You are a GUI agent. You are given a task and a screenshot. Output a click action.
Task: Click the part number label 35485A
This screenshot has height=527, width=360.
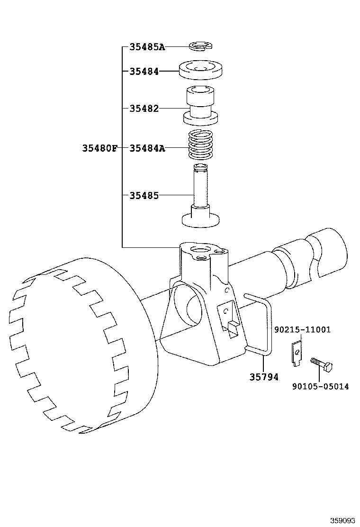(147, 47)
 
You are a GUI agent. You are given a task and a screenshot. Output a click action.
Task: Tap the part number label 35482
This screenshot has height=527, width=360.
(144, 108)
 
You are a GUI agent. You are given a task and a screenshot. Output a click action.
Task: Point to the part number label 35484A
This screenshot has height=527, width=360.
(147, 148)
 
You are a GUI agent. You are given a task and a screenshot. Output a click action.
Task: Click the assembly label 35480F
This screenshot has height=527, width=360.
(99, 148)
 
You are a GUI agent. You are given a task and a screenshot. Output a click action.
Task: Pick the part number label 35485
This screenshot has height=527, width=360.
(144, 195)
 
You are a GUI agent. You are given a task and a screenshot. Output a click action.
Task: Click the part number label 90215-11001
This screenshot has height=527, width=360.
(302, 329)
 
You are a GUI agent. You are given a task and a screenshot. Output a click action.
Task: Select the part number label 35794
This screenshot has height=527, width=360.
(264, 377)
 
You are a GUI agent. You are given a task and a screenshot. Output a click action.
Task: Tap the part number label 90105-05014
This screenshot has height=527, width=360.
(320, 386)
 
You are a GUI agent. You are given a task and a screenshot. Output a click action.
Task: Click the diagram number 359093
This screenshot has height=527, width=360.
(342, 520)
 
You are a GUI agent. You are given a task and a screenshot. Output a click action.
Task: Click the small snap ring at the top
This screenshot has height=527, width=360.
(201, 46)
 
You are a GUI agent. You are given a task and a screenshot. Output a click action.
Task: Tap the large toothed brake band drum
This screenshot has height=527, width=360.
(71, 346)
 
